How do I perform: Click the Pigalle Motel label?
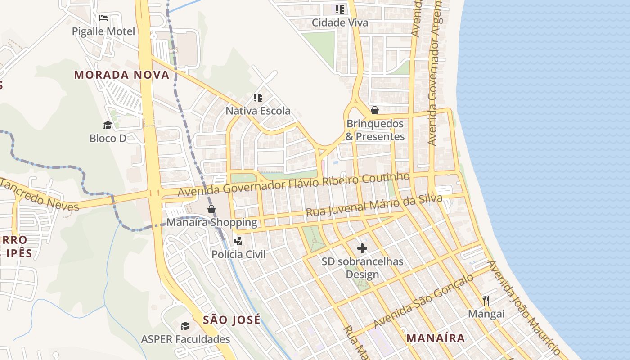103,31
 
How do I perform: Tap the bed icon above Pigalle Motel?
103,18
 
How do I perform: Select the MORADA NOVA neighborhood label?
122,75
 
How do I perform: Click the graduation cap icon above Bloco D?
108,125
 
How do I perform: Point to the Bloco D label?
108,138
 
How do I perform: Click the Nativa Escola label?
258,111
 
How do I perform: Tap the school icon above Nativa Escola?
258,97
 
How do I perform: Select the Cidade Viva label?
340,22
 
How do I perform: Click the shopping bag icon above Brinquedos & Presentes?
375,110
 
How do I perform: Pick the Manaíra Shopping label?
212,222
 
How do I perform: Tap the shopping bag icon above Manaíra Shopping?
211,209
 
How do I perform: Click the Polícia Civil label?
238,254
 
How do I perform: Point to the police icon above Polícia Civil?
238,242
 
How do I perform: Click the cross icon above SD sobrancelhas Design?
362,248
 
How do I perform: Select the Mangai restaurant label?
486,314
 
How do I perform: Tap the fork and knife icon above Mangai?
486,300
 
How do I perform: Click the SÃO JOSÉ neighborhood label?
232,320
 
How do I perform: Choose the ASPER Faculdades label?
185,339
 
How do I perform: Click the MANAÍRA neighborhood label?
436,338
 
